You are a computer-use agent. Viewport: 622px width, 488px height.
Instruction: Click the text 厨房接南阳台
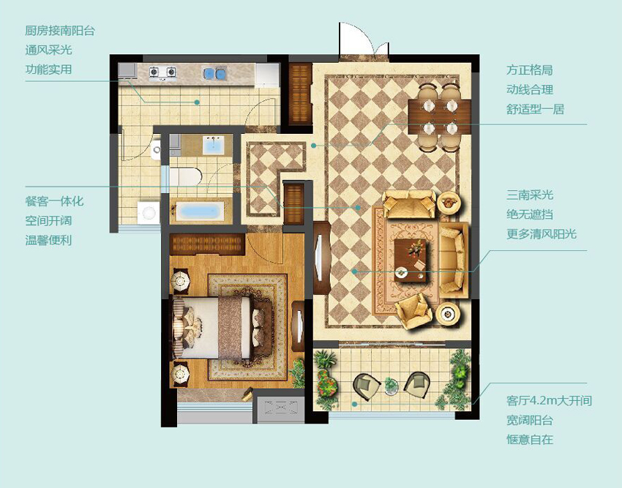(60, 31)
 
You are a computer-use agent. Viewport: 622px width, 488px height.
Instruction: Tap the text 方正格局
(529, 71)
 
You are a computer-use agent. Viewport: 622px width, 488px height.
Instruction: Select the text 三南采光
(530, 195)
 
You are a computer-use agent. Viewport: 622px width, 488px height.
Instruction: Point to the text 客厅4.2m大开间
(549, 401)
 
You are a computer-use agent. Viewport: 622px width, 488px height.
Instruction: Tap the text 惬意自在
(530, 440)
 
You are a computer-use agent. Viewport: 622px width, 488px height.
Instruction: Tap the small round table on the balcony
(391, 384)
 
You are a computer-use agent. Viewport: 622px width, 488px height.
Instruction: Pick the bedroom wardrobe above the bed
(206, 244)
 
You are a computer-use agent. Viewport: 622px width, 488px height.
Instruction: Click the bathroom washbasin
(213, 145)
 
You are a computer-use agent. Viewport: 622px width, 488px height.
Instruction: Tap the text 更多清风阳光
(542, 234)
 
